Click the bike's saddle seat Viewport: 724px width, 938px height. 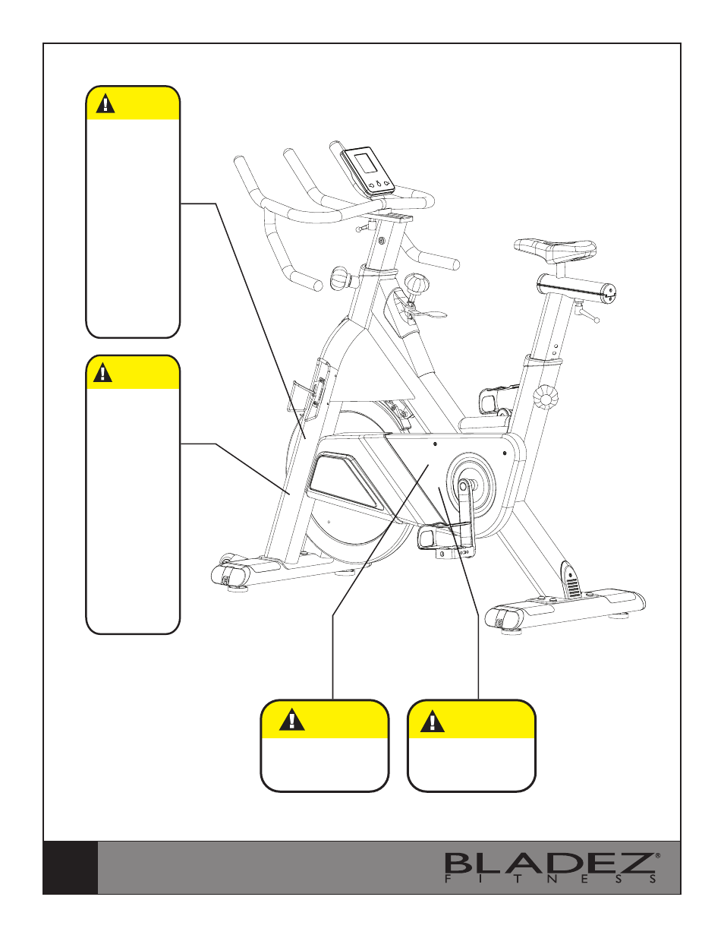[x=555, y=249]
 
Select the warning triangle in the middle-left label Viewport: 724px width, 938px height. [x=102, y=373]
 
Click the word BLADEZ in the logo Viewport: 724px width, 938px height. [x=549, y=864]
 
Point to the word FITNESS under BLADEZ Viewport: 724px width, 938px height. [x=551, y=880]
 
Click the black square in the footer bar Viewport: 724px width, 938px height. [x=71, y=867]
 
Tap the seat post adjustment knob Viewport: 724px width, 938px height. [x=546, y=397]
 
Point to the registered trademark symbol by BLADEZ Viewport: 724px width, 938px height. [x=657, y=854]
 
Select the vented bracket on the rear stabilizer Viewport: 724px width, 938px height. [x=571, y=580]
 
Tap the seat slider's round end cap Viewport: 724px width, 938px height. [x=610, y=292]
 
